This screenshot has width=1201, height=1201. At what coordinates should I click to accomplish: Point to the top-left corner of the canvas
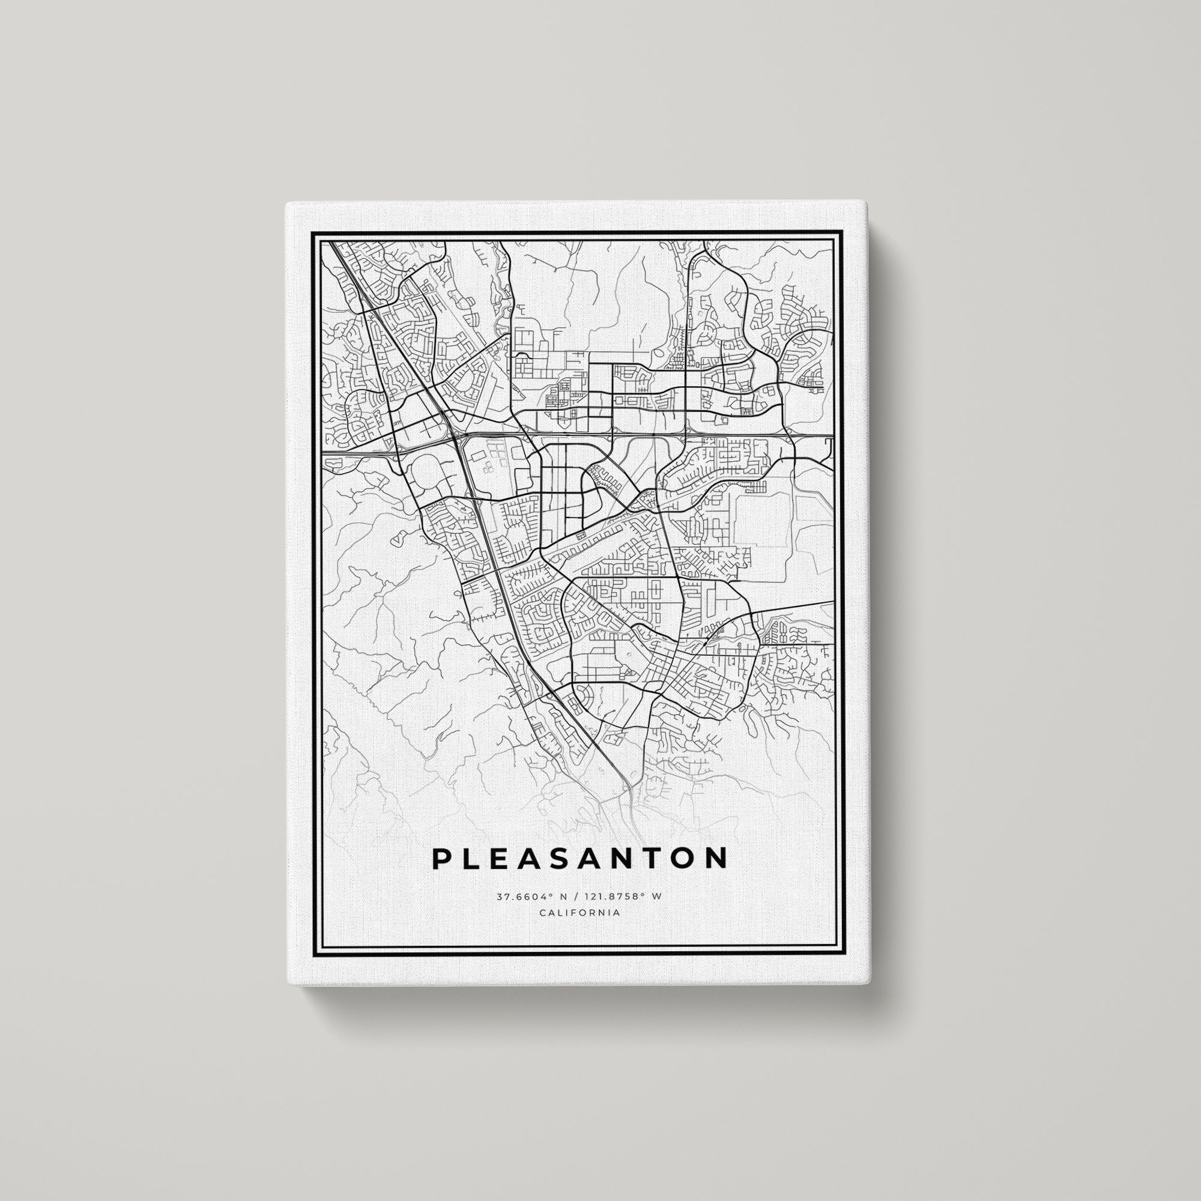pos(286,204)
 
